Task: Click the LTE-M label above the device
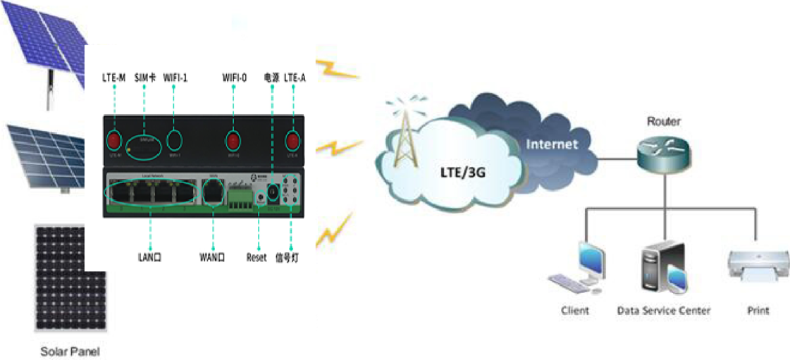[x=113, y=78]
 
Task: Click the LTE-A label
[x=295, y=78]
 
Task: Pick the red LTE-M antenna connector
[x=115, y=139]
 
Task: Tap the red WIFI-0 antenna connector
[x=233, y=141]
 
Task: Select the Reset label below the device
[x=257, y=259]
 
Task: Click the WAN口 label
[x=212, y=259]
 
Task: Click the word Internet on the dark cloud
[x=551, y=144]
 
